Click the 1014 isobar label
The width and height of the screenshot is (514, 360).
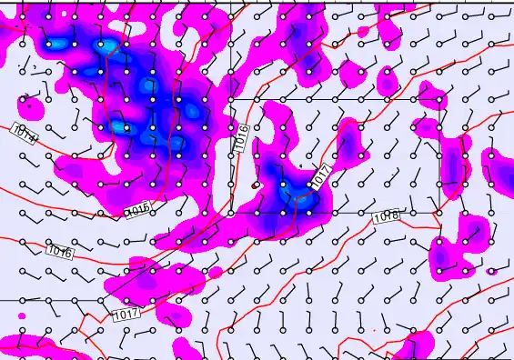[x=25, y=135]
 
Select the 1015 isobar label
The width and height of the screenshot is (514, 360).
[x=136, y=211]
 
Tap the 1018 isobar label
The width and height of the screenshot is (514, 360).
[x=386, y=216]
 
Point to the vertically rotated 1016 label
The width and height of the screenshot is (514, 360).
[x=241, y=137]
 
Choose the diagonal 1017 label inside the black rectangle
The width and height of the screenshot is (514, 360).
[x=318, y=176]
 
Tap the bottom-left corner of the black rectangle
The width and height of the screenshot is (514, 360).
[x=230, y=213]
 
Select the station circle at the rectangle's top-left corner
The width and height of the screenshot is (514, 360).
[x=230, y=98]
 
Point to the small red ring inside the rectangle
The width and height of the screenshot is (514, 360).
[x=255, y=185]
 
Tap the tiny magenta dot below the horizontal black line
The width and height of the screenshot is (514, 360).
[x=21, y=315]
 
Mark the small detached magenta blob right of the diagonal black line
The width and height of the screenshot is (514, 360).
[x=215, y=272]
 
